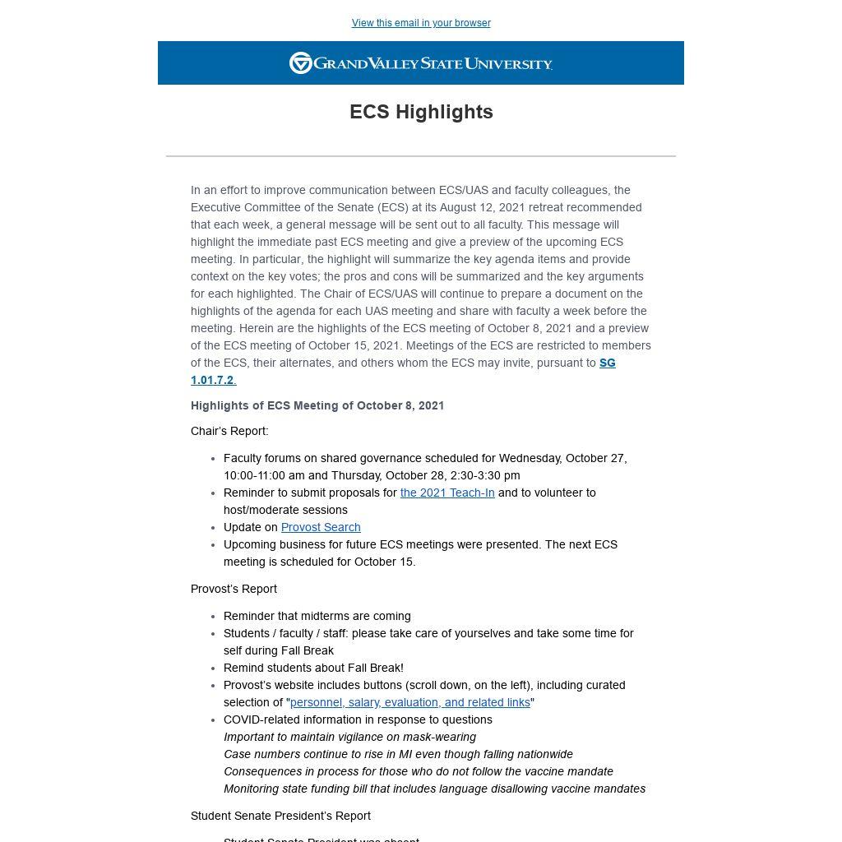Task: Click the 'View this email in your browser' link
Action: pyautogui.click(x=421, y=23)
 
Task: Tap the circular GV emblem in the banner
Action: pyautogui.click(x=301, y=63)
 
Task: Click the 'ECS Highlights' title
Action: pyautogui.click(x=421, y=112)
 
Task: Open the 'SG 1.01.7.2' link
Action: pyautogui.click(x=607, y=363)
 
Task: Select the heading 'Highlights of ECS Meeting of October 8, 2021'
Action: pyautogui.click(x=317, y=405)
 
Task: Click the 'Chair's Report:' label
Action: pyautogui.click(x=229, y=431)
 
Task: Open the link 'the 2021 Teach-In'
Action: pyautogui.click(x=447, y=493)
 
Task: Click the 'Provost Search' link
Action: pyautogui.click(x=321, y=527)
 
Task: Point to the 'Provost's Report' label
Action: pyautogui.click(x=234, y=589)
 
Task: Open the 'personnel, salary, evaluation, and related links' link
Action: pyautogui.click(x=410, y=702)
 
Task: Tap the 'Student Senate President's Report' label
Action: pyautogui.click(x=280, y=816)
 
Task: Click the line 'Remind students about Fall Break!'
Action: pyautogui.click(x=313, y=668)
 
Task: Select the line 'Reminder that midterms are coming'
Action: pyautogui.click(x=317, y=616)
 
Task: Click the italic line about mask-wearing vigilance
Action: pyautogui.click(x=349, y=737)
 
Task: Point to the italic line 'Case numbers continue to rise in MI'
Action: pyautogui.click(x=398, y=754)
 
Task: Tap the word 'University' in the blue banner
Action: pyautogui.click(x=508, y=63)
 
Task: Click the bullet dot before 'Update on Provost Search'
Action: pyautogui.click(x=213, y=528)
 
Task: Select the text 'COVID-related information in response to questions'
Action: pyautogui.click(x=358, y=719)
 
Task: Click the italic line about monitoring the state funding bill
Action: pyautogui.click(x=434, y=789)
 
